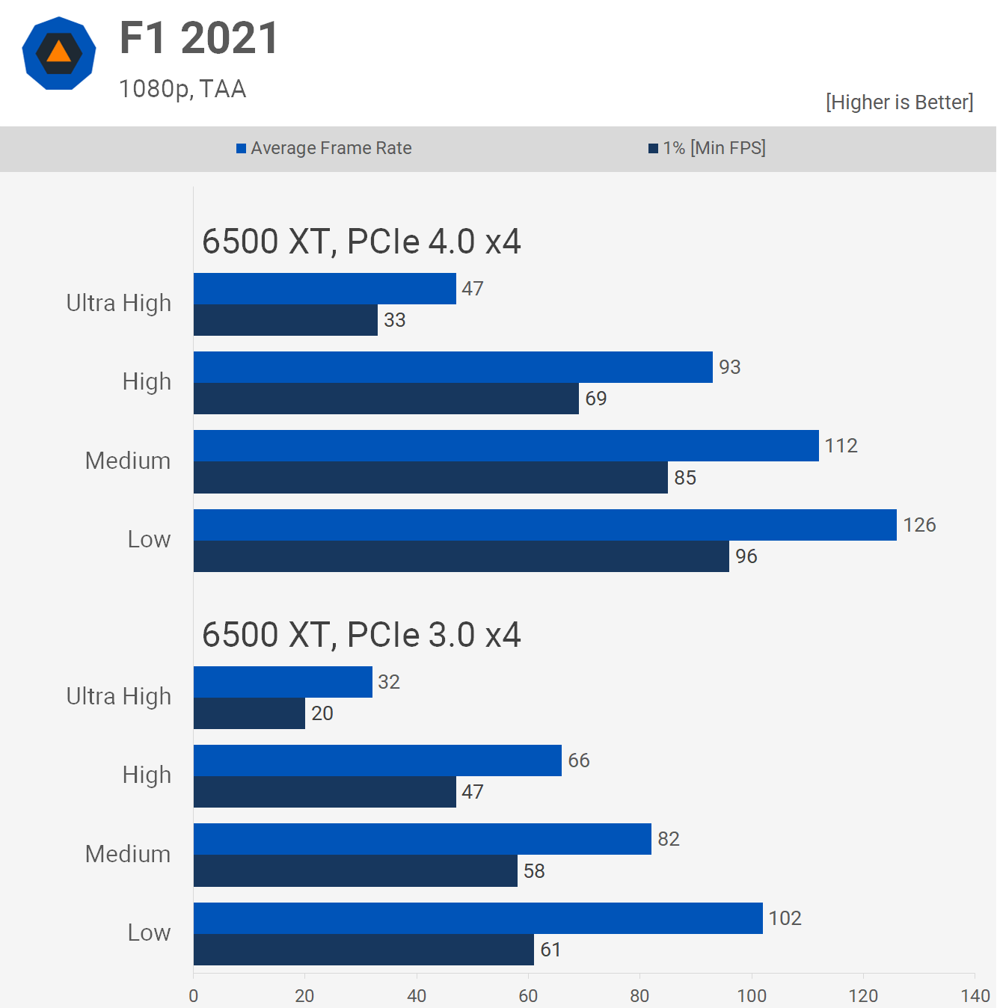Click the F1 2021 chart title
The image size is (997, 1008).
[x=199, y=38]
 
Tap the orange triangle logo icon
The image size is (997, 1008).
[x=59, y=52]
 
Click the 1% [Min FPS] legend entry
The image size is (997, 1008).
[x=707, y=148]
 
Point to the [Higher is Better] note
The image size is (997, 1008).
[x=899, y=102]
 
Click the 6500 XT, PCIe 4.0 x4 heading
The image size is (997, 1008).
[x=361, y=242]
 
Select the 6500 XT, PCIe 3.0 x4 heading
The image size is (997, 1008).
[x=361, y=635]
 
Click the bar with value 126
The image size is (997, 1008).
[x=544, y=525]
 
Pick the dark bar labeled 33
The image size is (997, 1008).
[x=286, y=320]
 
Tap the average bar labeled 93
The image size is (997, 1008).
[x=453, y=367]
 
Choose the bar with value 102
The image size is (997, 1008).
[x=478, y=918]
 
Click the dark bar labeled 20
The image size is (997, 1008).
[x=249, y=713]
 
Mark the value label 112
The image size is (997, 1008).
[x=841, y=446]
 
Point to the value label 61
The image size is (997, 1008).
[x=550, y=950]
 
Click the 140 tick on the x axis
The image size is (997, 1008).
[x=975, y=995]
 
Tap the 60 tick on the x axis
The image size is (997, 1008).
[x=528, y=995]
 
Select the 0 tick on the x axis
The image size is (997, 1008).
[x=194, y=995]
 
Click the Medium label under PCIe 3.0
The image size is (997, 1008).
[x=128, y=854]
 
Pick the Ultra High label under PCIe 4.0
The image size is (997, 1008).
[x=119, y=303]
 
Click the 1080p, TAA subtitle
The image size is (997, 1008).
[x=182, y=89]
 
